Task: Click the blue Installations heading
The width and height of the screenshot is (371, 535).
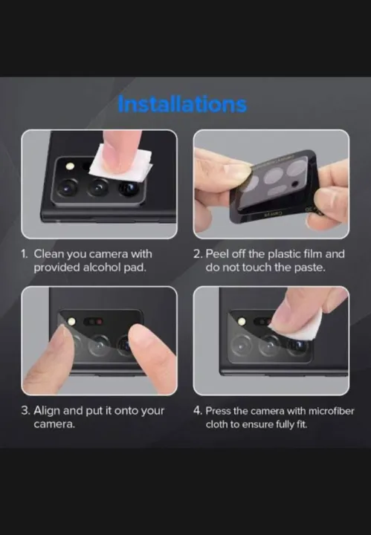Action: click(x=181, y=103)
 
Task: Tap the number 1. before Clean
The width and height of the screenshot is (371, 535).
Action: click(x=25, y=254)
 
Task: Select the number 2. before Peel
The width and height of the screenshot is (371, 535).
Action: click(x=198, y=254)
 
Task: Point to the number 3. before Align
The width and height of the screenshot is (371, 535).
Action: click(x=26, y=410)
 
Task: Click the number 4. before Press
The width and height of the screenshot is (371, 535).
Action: click(x=198, y=410)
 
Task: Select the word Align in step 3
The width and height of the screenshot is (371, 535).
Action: click(x=48, y=410)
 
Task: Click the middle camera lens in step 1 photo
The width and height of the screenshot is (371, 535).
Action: click(x=98, y=189)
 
